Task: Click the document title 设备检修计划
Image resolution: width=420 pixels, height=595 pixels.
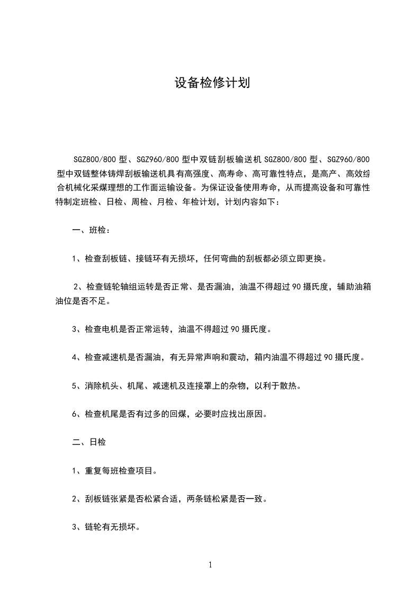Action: pos(212,83)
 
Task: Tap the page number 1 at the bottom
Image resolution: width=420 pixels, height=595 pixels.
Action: pos(210,565)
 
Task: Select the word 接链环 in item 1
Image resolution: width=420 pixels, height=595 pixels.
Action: pos(153,259)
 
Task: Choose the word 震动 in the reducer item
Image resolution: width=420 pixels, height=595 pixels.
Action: pos(235,357)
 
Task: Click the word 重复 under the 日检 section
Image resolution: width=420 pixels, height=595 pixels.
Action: pos(91,470)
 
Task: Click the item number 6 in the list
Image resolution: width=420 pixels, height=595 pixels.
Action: pos(75,414)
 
